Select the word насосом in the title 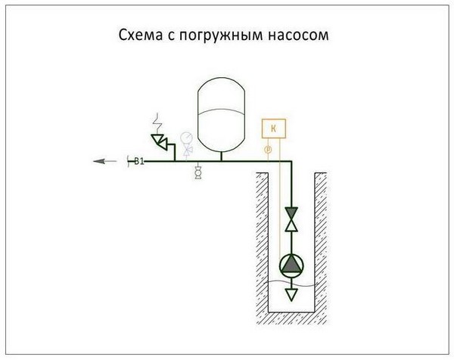coord(300,36)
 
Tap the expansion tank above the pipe coord(220,113)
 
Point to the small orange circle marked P coord(267,150)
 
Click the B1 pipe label coord(139,160)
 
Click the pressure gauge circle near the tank coord(185,139)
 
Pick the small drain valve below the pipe coord(198,173)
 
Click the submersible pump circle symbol coord(291,264)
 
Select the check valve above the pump coord(291,219)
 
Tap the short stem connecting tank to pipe coord(220,155)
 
